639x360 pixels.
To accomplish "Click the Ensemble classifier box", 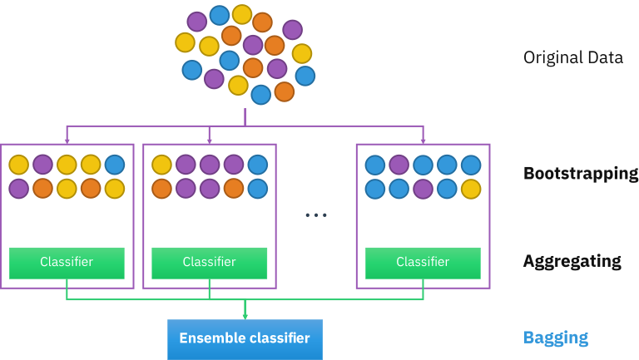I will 245,339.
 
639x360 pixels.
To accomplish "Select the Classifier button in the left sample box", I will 67,263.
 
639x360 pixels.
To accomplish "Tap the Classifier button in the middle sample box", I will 209,263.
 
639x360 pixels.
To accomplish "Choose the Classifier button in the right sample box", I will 423,263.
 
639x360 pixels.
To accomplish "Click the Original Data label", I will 572,59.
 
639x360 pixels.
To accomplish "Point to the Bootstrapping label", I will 580,174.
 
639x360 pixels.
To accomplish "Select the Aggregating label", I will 572,261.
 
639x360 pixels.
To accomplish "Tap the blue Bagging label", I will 555,338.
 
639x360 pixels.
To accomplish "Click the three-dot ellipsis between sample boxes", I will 315,215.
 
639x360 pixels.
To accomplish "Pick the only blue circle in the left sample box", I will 115,165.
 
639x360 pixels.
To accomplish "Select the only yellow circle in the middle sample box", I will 161,165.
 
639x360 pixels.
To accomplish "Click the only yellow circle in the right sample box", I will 471,189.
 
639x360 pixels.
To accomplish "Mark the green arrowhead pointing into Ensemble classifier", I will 245,316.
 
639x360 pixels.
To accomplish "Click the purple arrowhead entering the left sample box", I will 67,140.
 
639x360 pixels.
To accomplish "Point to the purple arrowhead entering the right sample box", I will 423,140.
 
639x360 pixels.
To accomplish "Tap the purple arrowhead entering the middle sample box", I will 209,140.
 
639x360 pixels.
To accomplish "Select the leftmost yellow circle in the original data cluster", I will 185,42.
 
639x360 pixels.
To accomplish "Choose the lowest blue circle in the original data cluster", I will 260,95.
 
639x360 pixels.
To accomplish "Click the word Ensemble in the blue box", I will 211,338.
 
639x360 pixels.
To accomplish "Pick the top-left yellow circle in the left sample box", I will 19,165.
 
